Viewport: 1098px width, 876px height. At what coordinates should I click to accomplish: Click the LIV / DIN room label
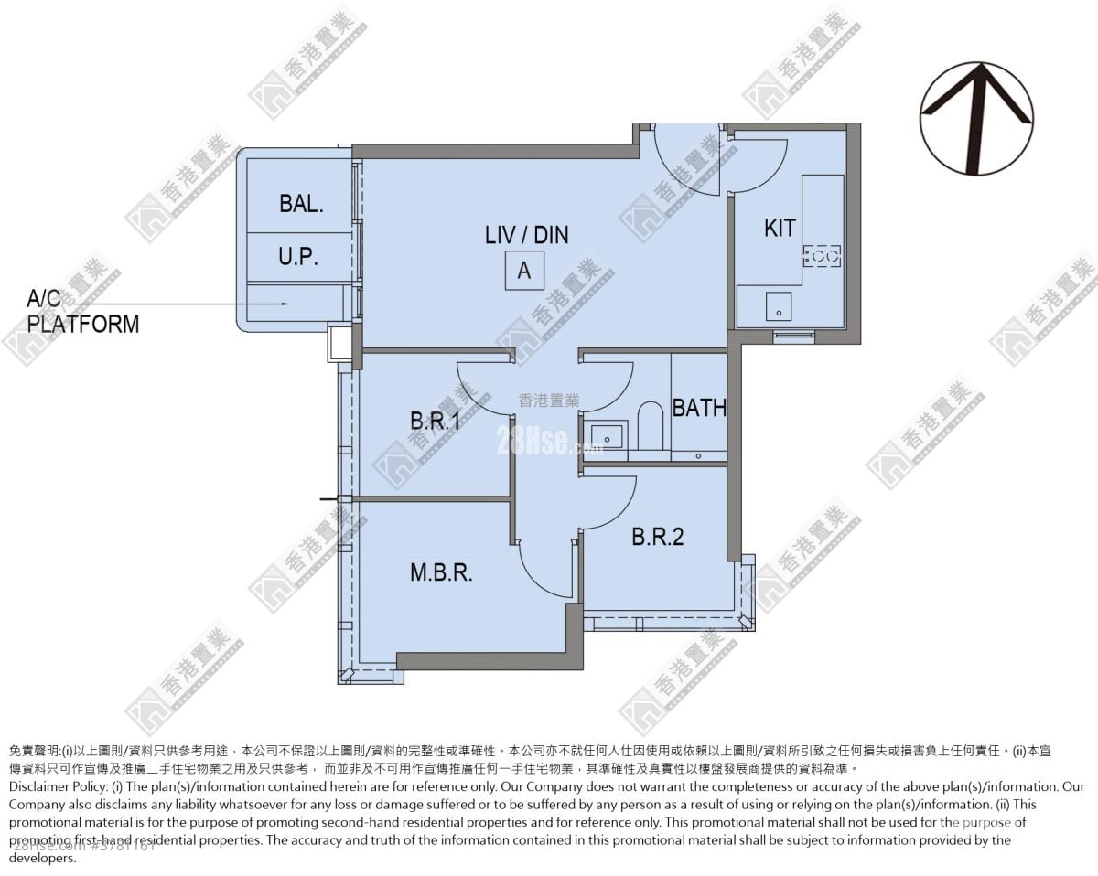pos(526,235)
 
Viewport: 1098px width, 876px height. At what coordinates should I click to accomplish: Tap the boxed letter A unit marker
pos(524,272)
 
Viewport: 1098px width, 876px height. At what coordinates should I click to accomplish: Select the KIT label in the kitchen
pos(780,228)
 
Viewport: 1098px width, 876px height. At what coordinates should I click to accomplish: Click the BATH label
pos(699,408)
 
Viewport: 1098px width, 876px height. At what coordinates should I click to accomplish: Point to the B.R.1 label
pos(435,422)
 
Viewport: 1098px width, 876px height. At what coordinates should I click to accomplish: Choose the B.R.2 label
pos(657,537)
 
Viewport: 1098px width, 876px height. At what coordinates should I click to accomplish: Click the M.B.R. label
pos(441,573)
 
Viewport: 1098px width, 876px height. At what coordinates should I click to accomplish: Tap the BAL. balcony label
pos(301,204)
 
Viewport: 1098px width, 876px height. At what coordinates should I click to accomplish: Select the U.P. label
pos(298,257)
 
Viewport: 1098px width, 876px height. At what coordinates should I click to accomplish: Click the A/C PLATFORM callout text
pos(82,311)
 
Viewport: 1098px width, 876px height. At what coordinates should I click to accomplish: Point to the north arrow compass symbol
pos(976,119)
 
